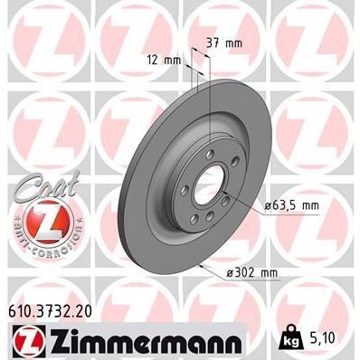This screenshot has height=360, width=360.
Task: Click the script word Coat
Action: click(37, 182)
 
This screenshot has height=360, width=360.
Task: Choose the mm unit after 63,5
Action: click(308, 206)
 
